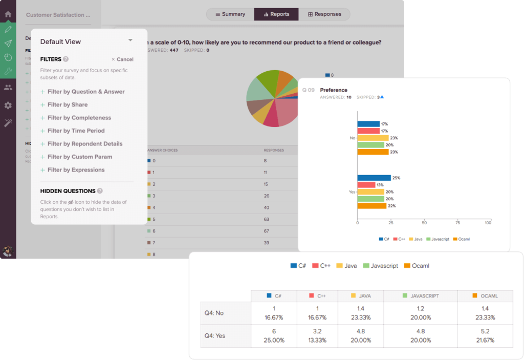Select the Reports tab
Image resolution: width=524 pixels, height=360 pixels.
276,14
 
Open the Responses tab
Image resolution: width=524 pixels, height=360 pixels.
324,14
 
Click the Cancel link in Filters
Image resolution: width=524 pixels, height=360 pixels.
122,59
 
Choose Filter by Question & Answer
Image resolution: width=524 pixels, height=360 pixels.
85,92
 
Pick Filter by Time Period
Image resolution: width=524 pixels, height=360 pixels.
76,131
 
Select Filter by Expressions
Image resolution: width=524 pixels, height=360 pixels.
76,170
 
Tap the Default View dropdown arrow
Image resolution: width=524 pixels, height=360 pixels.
130,40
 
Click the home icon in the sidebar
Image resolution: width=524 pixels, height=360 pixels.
8,14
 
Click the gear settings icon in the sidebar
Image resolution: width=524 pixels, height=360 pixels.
8,105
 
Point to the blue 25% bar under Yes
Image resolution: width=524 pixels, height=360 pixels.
374,178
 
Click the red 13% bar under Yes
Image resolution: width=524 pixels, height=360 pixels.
366,185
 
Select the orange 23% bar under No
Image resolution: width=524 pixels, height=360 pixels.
373,152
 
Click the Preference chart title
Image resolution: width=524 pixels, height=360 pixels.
334,90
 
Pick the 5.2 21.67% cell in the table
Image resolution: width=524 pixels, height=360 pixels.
485,335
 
